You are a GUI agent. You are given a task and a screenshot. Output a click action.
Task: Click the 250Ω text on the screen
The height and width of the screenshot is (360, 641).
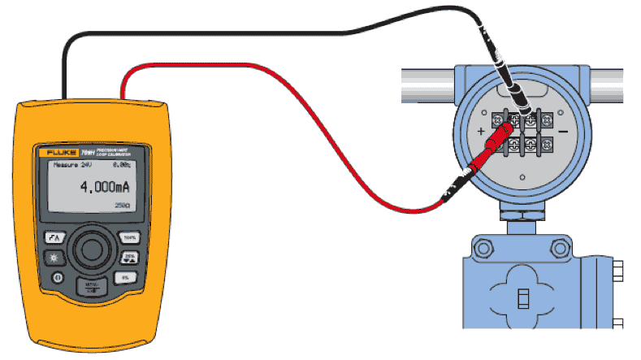122,207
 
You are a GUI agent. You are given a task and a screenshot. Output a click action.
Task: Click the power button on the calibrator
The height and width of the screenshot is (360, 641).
58,277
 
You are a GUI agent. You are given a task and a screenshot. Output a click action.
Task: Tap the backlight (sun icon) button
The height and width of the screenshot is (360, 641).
54,258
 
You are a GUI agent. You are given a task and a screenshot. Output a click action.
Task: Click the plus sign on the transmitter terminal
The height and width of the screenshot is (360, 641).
481,130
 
